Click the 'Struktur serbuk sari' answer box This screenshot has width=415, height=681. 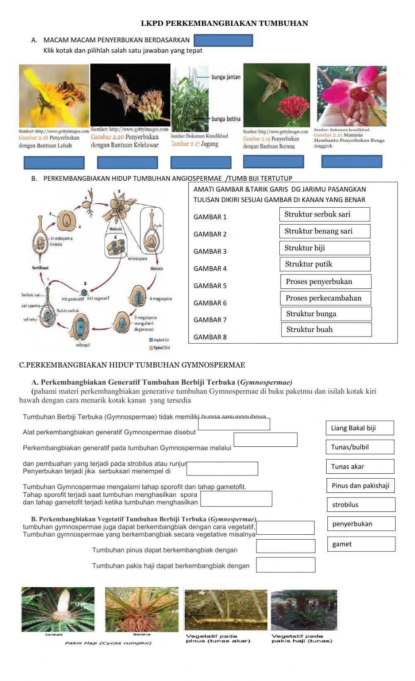point(325,214)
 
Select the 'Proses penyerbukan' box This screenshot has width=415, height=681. point(326,281)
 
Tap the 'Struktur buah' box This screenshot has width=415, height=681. point(326,330)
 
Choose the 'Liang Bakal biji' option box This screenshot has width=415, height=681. point(360,428)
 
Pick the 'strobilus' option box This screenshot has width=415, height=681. point(361,504)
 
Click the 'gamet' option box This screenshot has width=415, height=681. point(361,544)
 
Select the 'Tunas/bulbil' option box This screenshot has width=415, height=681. point(360,447)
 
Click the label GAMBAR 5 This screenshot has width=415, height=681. point(210,286)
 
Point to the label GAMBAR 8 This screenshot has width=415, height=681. point(210,337)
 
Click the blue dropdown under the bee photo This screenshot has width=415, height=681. point(54,162)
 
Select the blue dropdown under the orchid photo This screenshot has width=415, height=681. point(352,161)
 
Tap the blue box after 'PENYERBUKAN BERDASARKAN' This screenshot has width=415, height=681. point(223,40)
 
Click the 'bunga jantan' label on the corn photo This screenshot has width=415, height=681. point(226,77)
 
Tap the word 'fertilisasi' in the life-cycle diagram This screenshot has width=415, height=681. point(40,268)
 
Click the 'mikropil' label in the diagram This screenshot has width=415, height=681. point(83,345)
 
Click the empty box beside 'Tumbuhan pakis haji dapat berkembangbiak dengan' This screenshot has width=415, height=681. point(286,565)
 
